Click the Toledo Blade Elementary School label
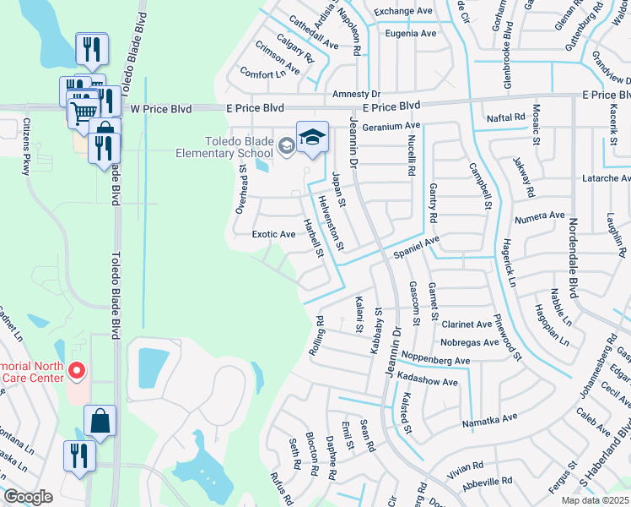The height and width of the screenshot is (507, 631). coord(224,147)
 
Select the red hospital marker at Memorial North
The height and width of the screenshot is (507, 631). coord(76,370)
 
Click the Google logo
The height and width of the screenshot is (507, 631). coord(28,497)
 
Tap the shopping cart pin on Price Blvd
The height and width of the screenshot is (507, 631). coord(84,114)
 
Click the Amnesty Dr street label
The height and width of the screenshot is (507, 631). coord(356,93)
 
